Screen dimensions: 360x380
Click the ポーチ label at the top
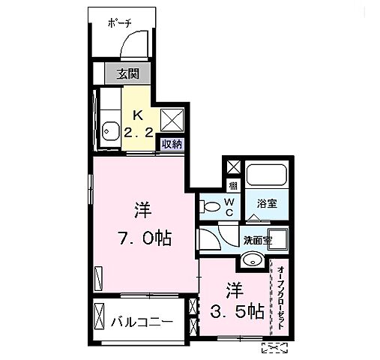(119, 23)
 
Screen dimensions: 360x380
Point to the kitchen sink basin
(110, 128)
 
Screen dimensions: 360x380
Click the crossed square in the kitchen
(172, 118)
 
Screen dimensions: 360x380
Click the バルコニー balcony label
(142, 322)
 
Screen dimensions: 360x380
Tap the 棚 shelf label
(233, 185)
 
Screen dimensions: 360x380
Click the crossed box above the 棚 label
(233, 167)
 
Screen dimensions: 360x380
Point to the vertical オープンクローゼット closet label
(280, 297)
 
